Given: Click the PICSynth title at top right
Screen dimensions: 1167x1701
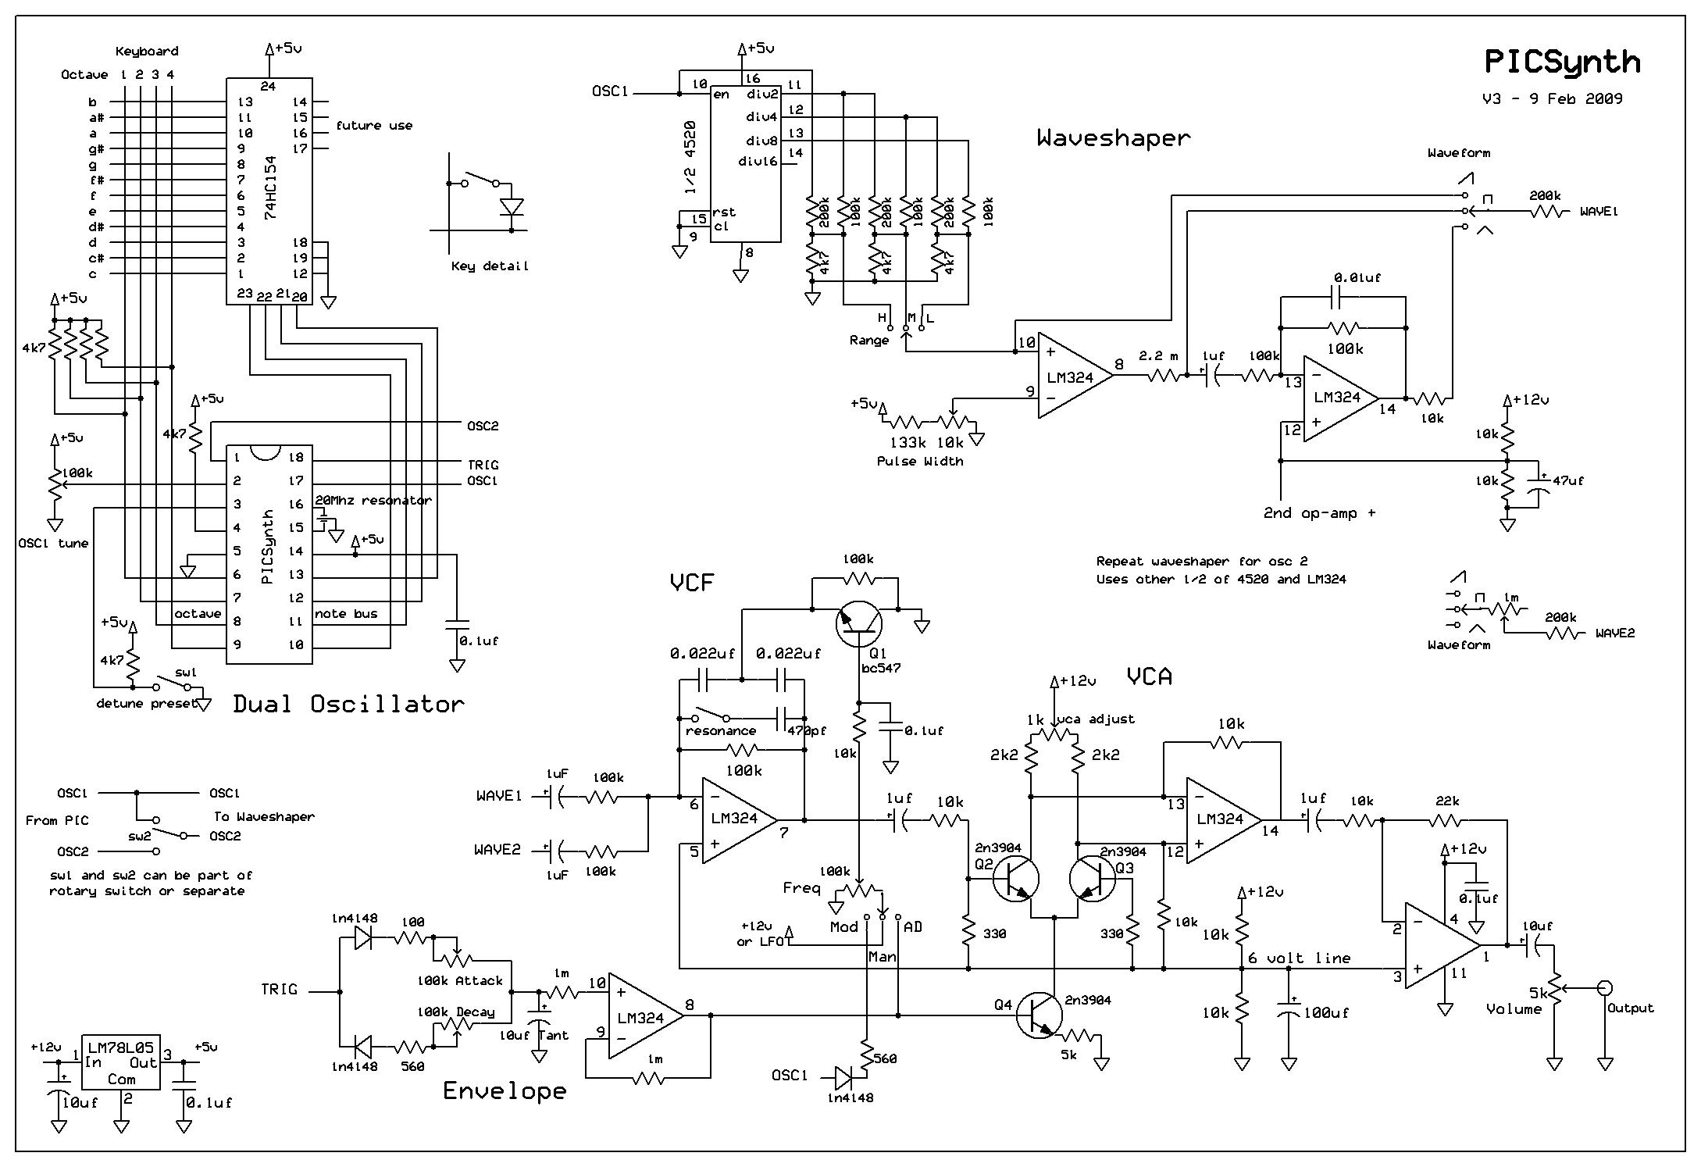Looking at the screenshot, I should (1561, 62).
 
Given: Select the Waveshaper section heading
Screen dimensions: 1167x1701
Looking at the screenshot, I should (1114, 138).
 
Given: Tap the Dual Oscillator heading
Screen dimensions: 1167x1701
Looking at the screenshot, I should (348, 705).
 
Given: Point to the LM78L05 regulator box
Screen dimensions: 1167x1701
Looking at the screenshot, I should (121, 1062).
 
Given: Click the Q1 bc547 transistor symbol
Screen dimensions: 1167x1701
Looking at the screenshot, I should (858, 623).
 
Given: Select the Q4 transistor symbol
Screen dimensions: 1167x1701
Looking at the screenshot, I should (1039, 1015).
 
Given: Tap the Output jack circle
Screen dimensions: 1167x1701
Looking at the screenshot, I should (1604, 988).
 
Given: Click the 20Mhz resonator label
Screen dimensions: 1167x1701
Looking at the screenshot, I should (373, 501).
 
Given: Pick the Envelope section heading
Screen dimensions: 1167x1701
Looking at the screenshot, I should (504, 1090).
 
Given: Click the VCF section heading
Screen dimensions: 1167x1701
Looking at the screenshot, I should (692, 582).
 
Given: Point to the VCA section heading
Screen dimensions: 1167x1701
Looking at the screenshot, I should (1149, 676).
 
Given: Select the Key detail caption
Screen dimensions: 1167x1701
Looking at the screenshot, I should (490, 266).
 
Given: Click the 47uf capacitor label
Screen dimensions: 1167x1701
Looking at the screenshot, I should (1567, 481).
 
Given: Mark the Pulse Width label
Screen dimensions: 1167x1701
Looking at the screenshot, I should (919, 462).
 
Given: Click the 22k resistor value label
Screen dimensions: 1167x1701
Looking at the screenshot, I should (1447, 801).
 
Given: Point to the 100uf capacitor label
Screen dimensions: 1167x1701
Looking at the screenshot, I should (1326, 1013).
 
